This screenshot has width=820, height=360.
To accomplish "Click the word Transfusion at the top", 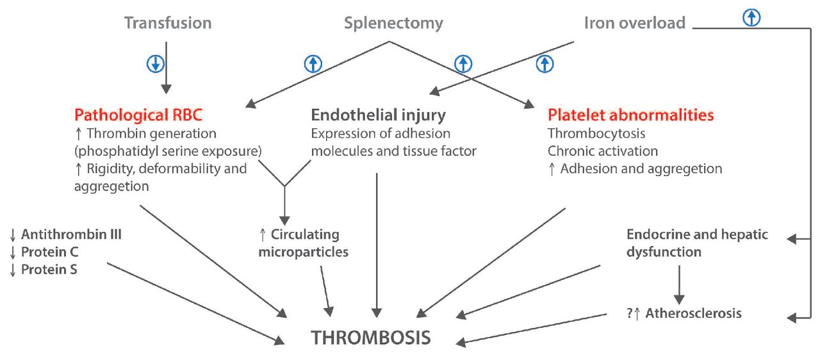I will pyautogui.click(x=168, y=23).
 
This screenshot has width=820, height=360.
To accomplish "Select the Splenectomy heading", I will pyautogui.click(x=393, y=23).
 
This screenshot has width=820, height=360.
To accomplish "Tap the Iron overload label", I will pyautogui.click(x=634, y=23).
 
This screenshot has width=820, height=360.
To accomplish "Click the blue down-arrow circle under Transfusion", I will pyautogui.click(x=156, y=63).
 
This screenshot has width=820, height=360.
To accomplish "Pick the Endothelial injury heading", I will pyautogui.click(x=378, y=115).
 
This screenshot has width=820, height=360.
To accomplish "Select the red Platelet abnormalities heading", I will pyautogui.click(x=630, y=115).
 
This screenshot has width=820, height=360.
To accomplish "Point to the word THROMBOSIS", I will pyautogui.click(x=371, y=337).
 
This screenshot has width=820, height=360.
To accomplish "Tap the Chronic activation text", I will pyautogui.click(x=602, y=151).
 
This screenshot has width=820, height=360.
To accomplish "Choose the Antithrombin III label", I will pyautogui.click(x=71, y=234).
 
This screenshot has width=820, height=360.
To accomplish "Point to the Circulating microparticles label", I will pyautogui.click(x=304, y=243).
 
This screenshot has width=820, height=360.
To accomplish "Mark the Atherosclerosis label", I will pyautogui.click(x=693, y=313).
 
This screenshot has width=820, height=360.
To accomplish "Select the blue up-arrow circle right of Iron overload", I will pyautogui.click(x=752, y=18).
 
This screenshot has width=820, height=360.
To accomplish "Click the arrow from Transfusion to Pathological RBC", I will pyautogui.click(x=166, y=77).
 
